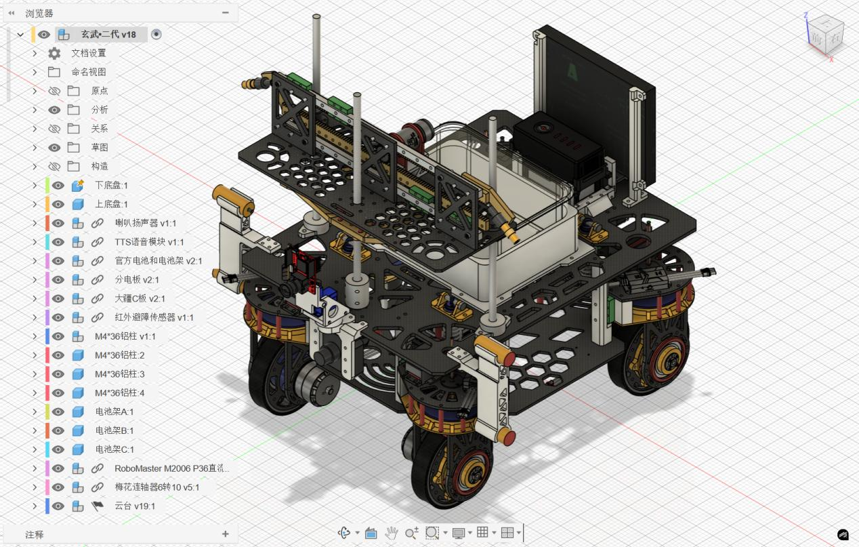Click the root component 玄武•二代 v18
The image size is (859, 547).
pyautogui.click(x=108, y=35)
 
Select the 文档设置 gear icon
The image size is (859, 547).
pyautogui.click(x=54, y=54)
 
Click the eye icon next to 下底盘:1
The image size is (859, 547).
pyautogui.click(x=58, y=186)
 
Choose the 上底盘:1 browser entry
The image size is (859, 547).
pyautogui.click(x=111, y=205)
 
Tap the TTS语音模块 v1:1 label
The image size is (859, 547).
pyautogui.click(x=149, y=242)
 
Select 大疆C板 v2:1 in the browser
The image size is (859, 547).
pyautogui.click(x=140, y=299)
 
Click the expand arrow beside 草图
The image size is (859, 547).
pyautogui.click(x=35, y=148)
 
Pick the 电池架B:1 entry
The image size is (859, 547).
pyautogui.click(x=114, y=431)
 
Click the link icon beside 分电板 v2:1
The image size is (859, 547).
pyautogui.click(x=98, y=280)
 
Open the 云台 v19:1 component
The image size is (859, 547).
pyautogui.click(x=135, y=506)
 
